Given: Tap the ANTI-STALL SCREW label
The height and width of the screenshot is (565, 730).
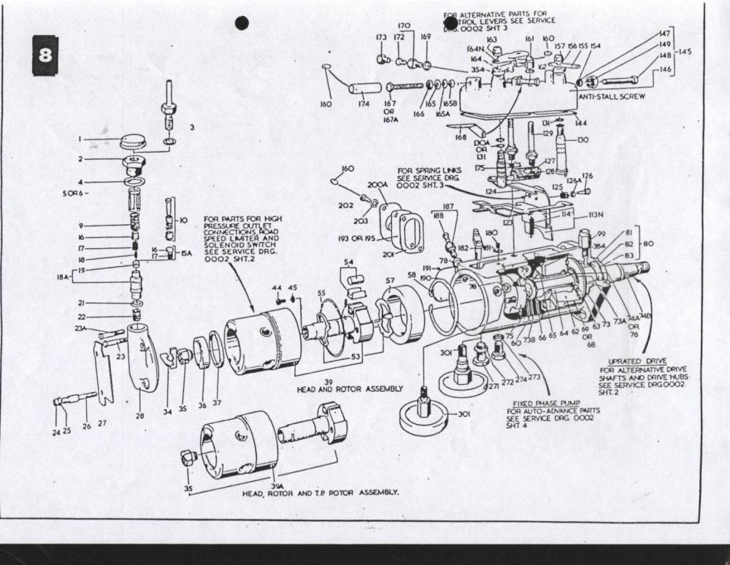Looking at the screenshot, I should pyautogui.click(x=612, y=96).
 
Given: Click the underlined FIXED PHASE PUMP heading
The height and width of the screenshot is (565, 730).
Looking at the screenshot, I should pyautogui.click(x=538, y=403).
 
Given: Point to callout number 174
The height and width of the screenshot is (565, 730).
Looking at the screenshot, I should pyautogui.click(x=364, y=104).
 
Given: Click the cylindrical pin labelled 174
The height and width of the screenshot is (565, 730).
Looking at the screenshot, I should pyautogui.click(x=364, y=88).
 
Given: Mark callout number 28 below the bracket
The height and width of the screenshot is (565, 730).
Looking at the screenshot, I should pyautogui.click(x=140, y=415).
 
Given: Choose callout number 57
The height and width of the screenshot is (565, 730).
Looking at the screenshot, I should pyautogui.click(x=390, y=280).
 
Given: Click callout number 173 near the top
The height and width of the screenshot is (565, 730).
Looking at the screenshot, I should pyautogui.click(x=381, y=37).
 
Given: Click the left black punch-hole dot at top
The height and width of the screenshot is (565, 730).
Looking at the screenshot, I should pyautogui.click(x=242, y=23).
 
